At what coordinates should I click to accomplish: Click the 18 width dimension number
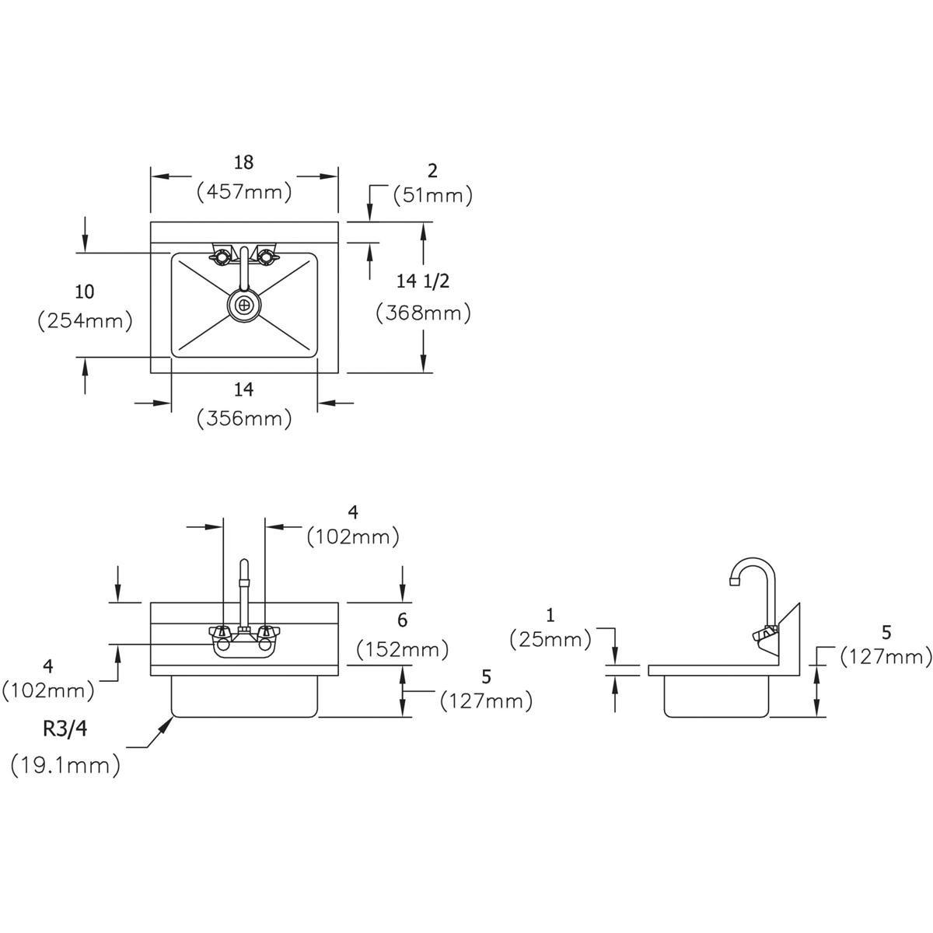(x=243, y=162)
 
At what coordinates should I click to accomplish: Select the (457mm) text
(x=244, y=192)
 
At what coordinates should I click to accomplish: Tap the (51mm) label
(x=432, y=196)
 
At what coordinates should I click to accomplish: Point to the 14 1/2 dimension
(x=423, y=281)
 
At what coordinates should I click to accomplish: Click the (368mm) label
(x=423, y=313)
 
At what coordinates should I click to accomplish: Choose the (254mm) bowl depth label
(x=85, y=320)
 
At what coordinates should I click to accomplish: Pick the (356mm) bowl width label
(x=244, y=418)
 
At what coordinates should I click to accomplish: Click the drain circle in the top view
(x=244, y=305)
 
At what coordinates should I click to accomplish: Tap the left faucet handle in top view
(x=220, y=256)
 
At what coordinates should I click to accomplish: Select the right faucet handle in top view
(x=267, y=256)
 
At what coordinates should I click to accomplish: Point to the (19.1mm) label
(x=65, y=766)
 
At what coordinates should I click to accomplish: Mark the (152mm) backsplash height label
(x=402, y=650)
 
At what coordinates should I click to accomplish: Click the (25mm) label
(x=550, y=640)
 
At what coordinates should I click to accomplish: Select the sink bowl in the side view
(x=716, y=696)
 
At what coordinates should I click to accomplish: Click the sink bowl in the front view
(x=244, y=696)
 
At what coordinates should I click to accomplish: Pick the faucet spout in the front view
(x=244, y=593)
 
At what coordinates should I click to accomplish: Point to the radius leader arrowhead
(x=167, y=724)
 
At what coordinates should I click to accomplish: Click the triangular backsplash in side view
(x=789, y=634)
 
